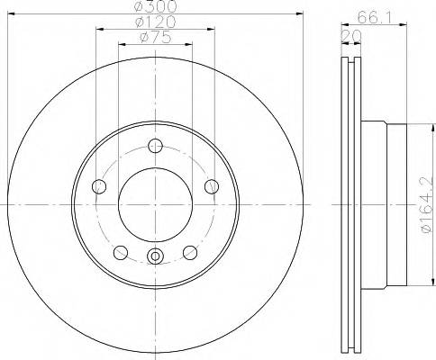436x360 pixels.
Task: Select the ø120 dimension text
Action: tap(155, 22)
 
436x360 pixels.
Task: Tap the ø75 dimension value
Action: tap(155, 37)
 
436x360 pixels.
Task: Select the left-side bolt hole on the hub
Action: tap(99, 186)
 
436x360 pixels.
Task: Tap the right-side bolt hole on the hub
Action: tap(213, 186)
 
